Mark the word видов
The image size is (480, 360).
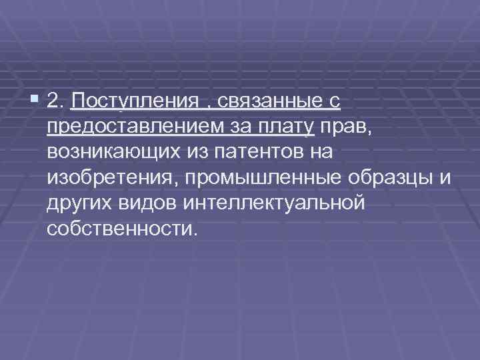tap(149, 203)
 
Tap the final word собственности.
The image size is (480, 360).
tap(123, 229)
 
